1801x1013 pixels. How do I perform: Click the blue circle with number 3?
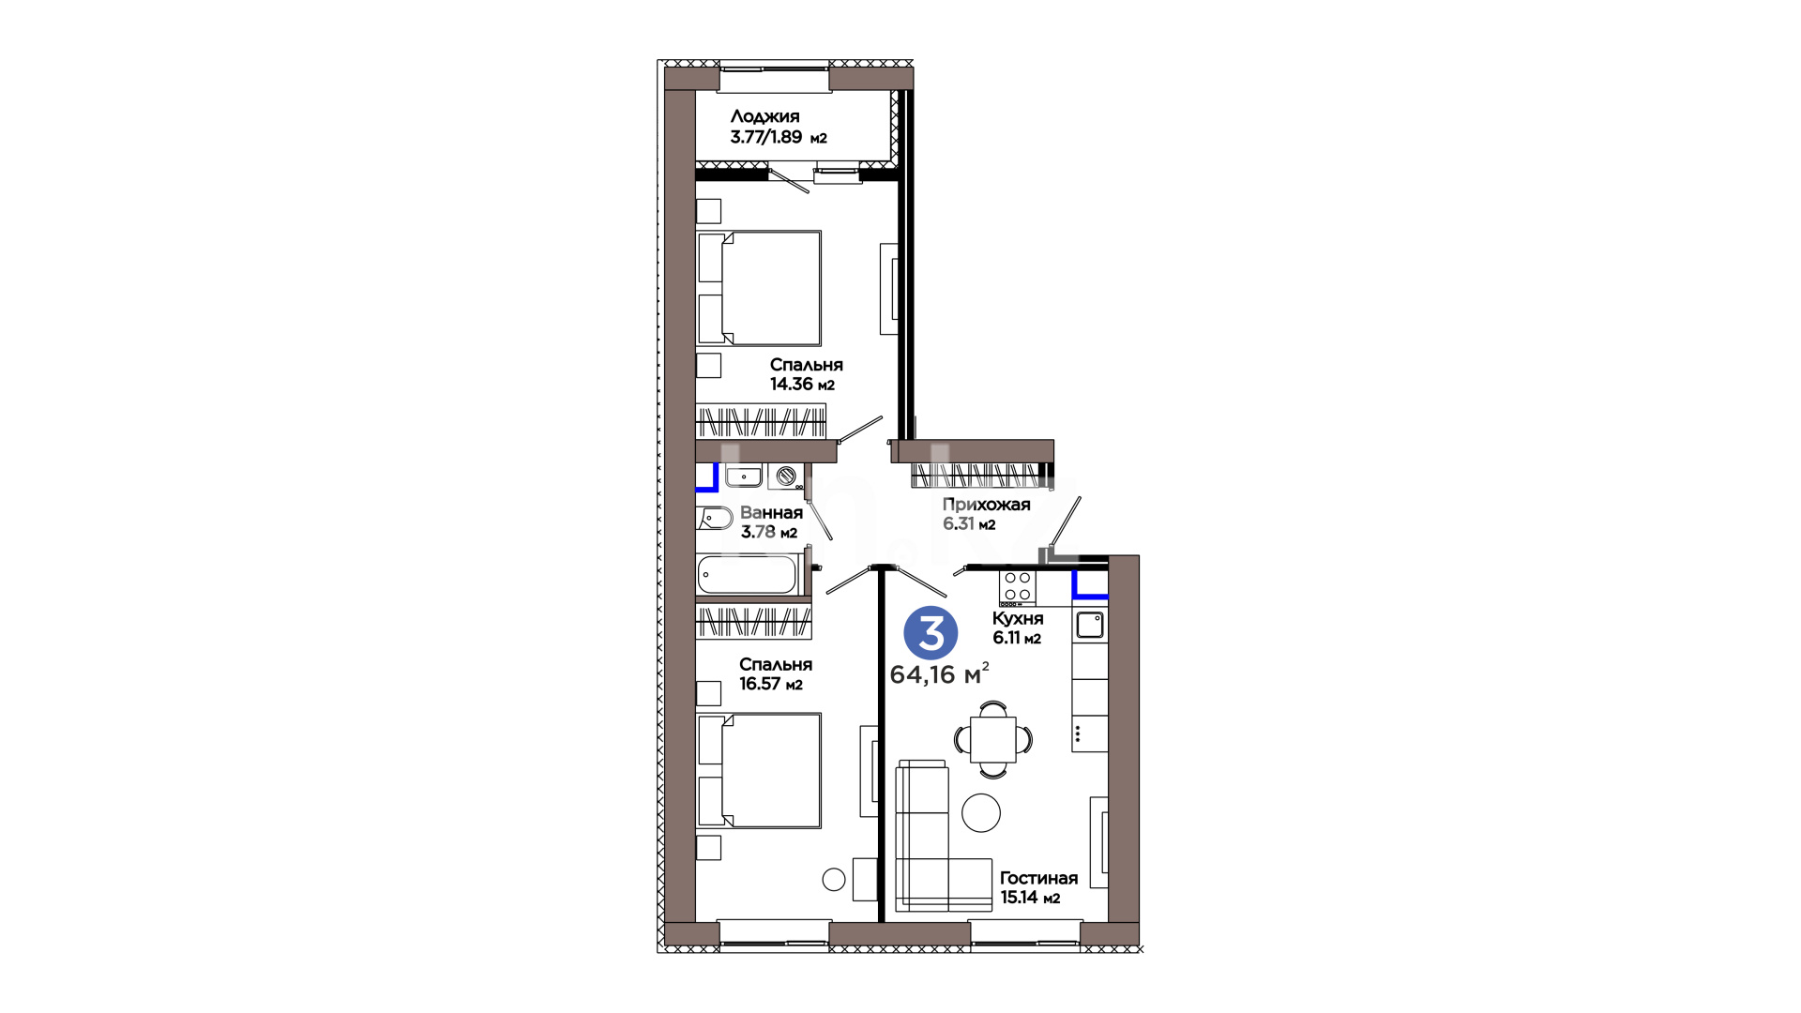coord(931,634)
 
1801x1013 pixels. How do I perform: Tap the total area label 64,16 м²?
coord(939,673)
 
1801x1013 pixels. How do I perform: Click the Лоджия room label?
coord(764,116)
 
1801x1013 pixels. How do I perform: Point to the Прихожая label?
coord(986,504)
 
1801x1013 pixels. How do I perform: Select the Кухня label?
coord(1018,618)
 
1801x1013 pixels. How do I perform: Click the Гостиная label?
coord(1038,878)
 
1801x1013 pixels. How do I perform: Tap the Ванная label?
coord(771,512)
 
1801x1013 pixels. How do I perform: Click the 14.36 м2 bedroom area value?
coord(802,384)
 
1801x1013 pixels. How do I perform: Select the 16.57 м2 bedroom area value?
coord(771,684)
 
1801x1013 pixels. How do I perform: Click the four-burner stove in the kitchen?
coord(1018,587)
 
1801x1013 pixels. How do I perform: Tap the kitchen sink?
coord(1090,625)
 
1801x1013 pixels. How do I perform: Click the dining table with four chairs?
coord(993,739)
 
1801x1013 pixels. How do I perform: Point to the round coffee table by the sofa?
coord(981,812)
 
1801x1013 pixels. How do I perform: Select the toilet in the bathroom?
coord(714,518)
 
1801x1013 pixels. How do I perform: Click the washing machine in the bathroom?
coord(785,476)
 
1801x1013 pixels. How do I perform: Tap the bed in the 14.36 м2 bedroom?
coord(759,288)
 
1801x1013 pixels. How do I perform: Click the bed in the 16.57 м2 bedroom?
coord(759,770)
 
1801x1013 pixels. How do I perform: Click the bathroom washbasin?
coord(745,476)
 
